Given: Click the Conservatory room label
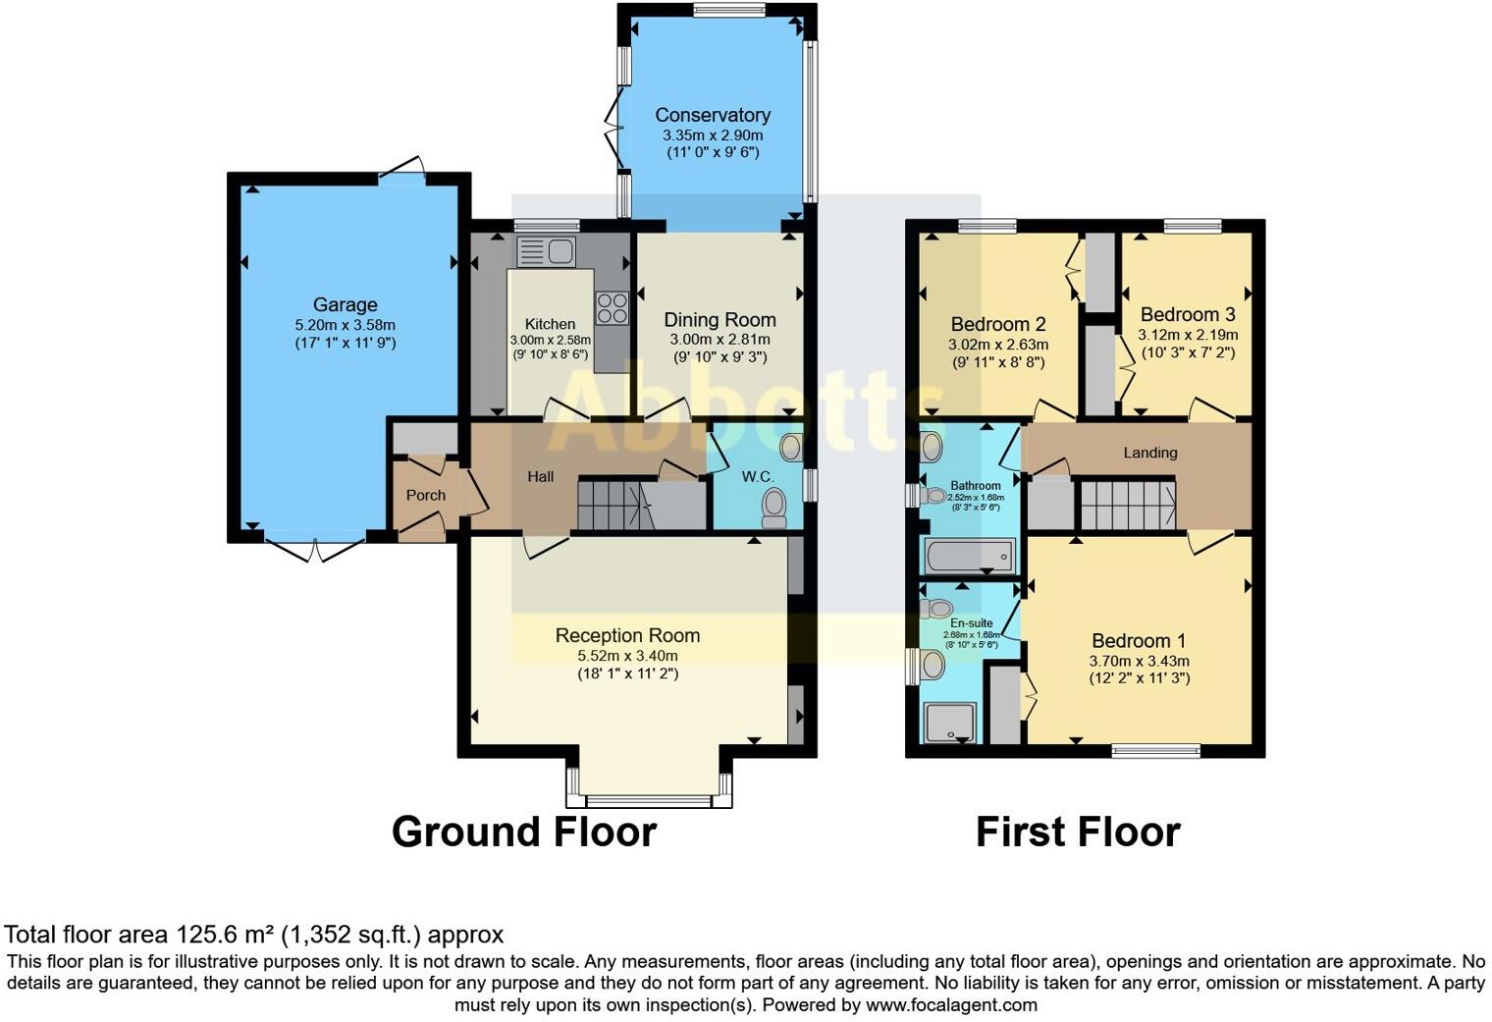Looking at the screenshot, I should pyautogui.click(x=713, y=115).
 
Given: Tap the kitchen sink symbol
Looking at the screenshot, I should pyautogui.click(x=546, y=252).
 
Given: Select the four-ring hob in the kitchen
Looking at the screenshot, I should pyautogui.click(x=613, y=308).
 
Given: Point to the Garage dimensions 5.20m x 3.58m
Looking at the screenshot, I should pyautogui.click(x=345, y=325).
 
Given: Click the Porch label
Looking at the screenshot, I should pyautogui.click(x=425, y=496).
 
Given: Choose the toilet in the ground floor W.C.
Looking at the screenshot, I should pyautogui.click(x=774, y=508).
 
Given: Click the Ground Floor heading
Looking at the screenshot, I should pyautogui.click(x=523, y=833).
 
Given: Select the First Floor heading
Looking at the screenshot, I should pyautogui.click(x=1077, y=833).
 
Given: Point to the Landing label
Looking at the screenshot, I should pyautogui.click(x=1149, y=453).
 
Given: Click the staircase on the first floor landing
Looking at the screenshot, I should pyautogui.click(x=1126, y=504).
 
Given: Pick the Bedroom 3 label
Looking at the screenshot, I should pyautogui.click(x=1187, y=315).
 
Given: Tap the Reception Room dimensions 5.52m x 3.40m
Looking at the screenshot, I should pyautogui.click(x=627, y=656).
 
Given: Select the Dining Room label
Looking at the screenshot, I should pyautogui.click(x=719, y=320).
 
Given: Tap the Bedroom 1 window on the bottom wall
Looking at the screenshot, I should pyautogui.click(x=1155, y=751).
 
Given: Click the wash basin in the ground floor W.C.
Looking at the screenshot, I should pyautogui.click(x=791, y=449).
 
